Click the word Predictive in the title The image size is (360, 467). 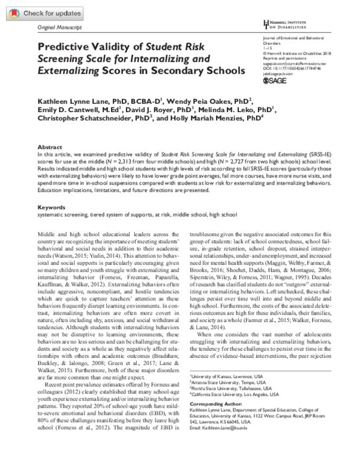(x=67, y=46)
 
